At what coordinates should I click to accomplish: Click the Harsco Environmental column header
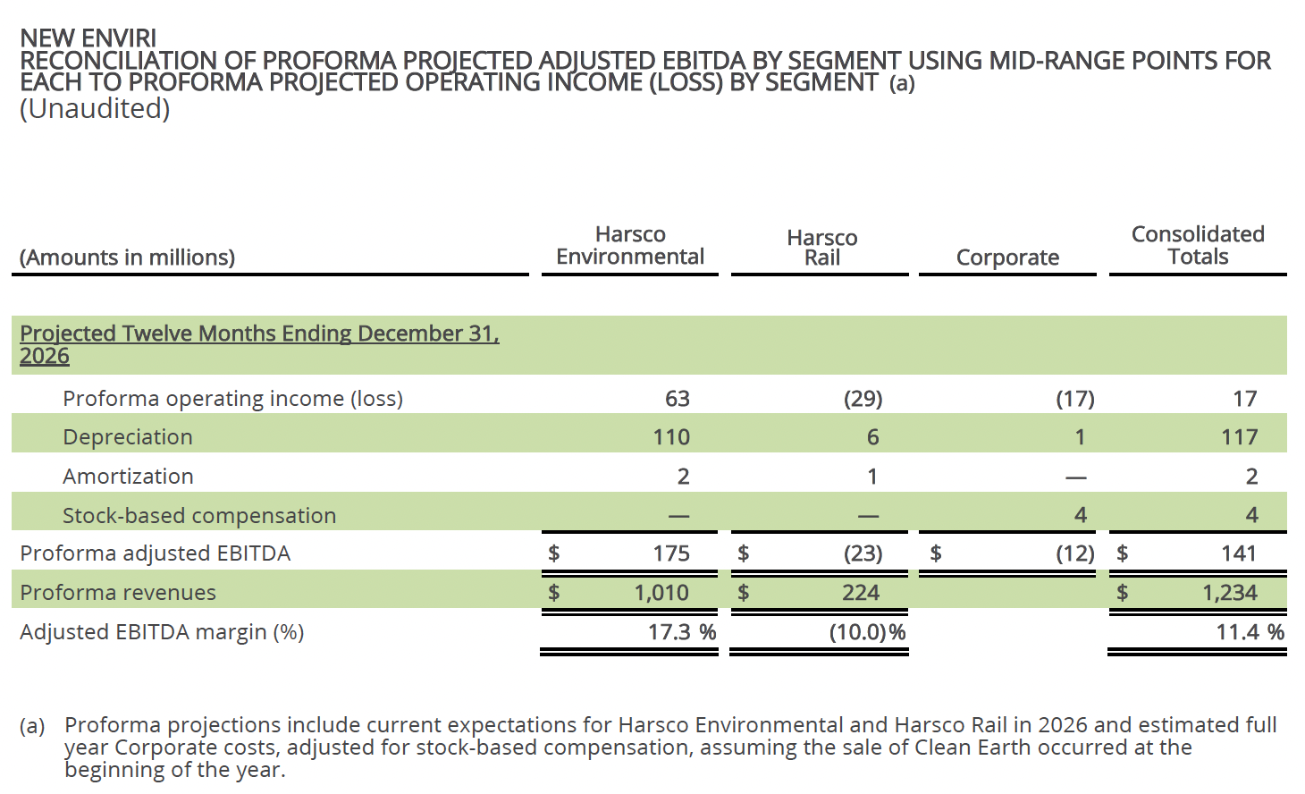click(x=630, y=246)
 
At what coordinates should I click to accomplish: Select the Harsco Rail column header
click(x=821, y=248)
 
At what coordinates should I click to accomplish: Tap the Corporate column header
click(x=1007, y=258)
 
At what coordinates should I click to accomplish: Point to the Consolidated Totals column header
click(x=1198, y=246)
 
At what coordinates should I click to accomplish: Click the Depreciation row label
click(x=128, y=437)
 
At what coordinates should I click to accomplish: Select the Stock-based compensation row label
click(x=199, y=516)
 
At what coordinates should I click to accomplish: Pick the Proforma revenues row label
click(x=118, y=593)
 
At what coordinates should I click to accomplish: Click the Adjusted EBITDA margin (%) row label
click(x=162, y=632)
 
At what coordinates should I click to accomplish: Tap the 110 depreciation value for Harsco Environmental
click(x=671, y=437)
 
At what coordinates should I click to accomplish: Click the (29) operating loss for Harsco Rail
click(x=863, y=399)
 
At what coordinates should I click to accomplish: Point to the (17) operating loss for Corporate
click(x=1074, y=399)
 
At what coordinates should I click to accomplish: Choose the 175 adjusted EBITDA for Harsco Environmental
click(x=671, y=553)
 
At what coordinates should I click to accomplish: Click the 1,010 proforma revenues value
click(x=661, y=593)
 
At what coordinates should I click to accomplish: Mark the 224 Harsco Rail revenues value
click(x=861, y=593)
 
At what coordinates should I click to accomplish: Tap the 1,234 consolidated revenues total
click(x=1229, y=593)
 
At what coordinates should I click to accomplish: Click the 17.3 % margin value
click(x=681, y=632)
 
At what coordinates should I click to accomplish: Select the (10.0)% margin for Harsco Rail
click(x=867, y=632)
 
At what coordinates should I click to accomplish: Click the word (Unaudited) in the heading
click(x=95, y=109)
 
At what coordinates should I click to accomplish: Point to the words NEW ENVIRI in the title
click(x=88, y=38)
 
